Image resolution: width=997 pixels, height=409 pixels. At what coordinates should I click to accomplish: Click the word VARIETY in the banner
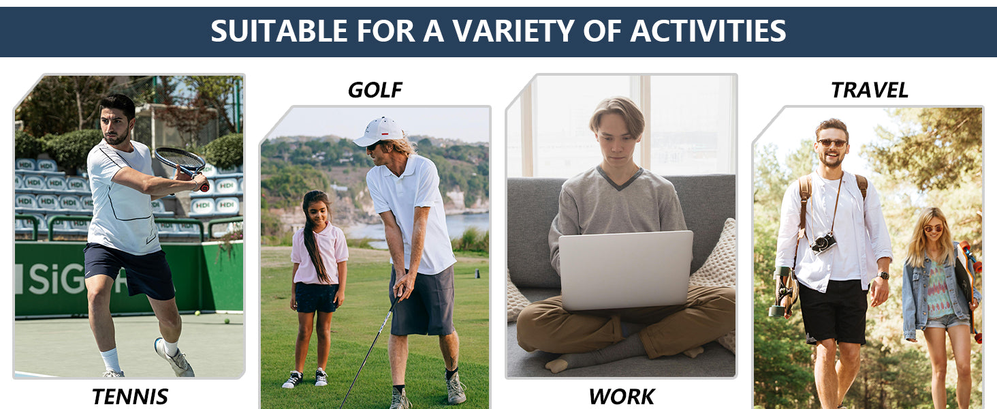[x=512, y=31]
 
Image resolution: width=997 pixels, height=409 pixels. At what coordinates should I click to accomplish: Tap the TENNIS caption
[x=129, y=396]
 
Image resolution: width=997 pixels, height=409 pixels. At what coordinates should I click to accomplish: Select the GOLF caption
[x=375, y=90]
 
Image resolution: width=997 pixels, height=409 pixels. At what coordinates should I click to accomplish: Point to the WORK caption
[x=621, y=396]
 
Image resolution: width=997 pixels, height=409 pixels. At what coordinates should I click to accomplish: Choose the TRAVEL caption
[x=869, y=90]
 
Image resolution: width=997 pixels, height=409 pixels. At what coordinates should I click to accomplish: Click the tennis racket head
[x=179, y=160]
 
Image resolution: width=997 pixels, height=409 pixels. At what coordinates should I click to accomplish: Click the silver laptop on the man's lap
[x=625, y=269]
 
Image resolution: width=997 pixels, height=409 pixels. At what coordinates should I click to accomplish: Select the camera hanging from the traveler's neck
[x=823, y=243]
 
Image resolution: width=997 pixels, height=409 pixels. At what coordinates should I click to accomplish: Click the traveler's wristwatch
[x=883, y=275]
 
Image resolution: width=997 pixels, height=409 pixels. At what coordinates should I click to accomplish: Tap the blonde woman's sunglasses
[x=933, y=229]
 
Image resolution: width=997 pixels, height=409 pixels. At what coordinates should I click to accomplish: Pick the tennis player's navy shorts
[x=129, y=270]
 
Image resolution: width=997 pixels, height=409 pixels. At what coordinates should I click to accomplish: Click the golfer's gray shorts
[x=423, y=301]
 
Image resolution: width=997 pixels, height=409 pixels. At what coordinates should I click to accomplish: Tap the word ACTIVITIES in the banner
[x=708, y=31]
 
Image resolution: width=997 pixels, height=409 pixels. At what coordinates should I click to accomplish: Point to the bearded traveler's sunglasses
[x=832, y=143]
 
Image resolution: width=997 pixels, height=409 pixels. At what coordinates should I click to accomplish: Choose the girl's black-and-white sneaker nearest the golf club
[x=321, y=377]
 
